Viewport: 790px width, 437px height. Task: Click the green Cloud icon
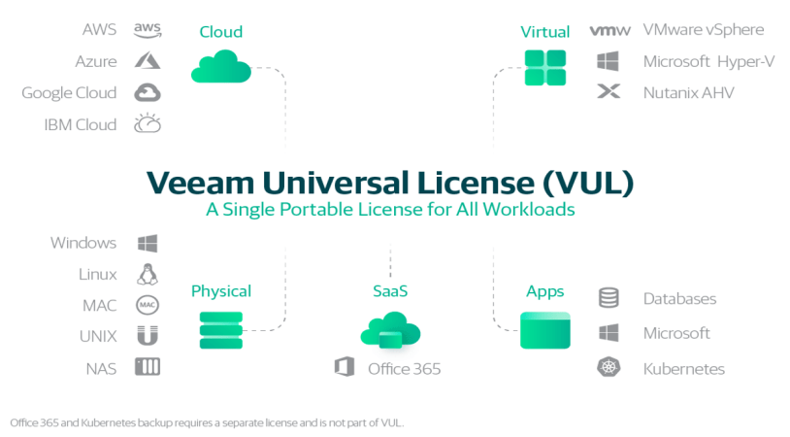[220, 68]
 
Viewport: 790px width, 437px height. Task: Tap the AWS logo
[148, 30]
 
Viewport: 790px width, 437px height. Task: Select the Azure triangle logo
[148, 61]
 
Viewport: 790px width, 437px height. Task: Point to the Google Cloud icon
[148, 93]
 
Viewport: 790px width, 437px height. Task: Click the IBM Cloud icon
[148, 124]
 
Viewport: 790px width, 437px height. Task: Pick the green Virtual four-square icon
[544, 68]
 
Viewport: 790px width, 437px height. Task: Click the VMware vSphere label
[704, 30]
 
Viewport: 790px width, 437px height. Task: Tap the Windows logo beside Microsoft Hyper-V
[609, 61]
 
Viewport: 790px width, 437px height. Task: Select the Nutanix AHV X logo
[609, 93]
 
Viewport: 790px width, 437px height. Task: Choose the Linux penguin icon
[148, 274]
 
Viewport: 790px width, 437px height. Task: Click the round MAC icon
[148, 305]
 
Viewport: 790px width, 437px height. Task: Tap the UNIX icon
[148, 336]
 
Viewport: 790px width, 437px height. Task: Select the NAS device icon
[148, 367]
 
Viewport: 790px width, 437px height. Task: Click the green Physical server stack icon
[220, 330]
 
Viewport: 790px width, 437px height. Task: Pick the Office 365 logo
[342, 367]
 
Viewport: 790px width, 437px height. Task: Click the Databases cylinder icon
[609, 298]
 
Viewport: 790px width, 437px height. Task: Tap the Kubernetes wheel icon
[609, 368]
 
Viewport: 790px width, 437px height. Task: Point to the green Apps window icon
[544, 330]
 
